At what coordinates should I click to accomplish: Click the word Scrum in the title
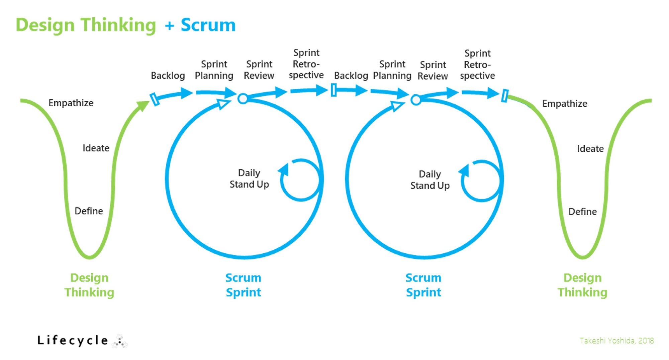(208, 25)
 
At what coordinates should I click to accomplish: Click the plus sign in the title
(170, 25)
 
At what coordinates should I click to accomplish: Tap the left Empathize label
(71, 103)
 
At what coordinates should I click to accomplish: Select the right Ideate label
(590, 149)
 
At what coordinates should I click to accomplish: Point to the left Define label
(89, 211)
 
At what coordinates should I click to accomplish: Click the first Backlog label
(168, 76)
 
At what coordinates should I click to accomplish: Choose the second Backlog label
(351, 76)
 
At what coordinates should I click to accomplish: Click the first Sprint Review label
(259, 70)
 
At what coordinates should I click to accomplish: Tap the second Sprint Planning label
(392, 70)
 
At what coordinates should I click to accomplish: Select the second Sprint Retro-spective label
(477, 65)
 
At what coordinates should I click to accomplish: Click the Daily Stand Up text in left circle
(249, 178)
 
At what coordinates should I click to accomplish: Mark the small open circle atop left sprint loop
(243, 99)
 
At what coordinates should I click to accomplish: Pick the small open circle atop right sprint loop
(416, 100)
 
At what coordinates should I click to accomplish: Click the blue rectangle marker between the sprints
(333, 90)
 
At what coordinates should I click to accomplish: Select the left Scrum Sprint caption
(243, 285)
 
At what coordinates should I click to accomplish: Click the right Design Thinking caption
(582, 285)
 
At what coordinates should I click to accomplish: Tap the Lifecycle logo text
(73, 341)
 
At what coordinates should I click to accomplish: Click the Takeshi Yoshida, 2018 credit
(617, 341)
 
